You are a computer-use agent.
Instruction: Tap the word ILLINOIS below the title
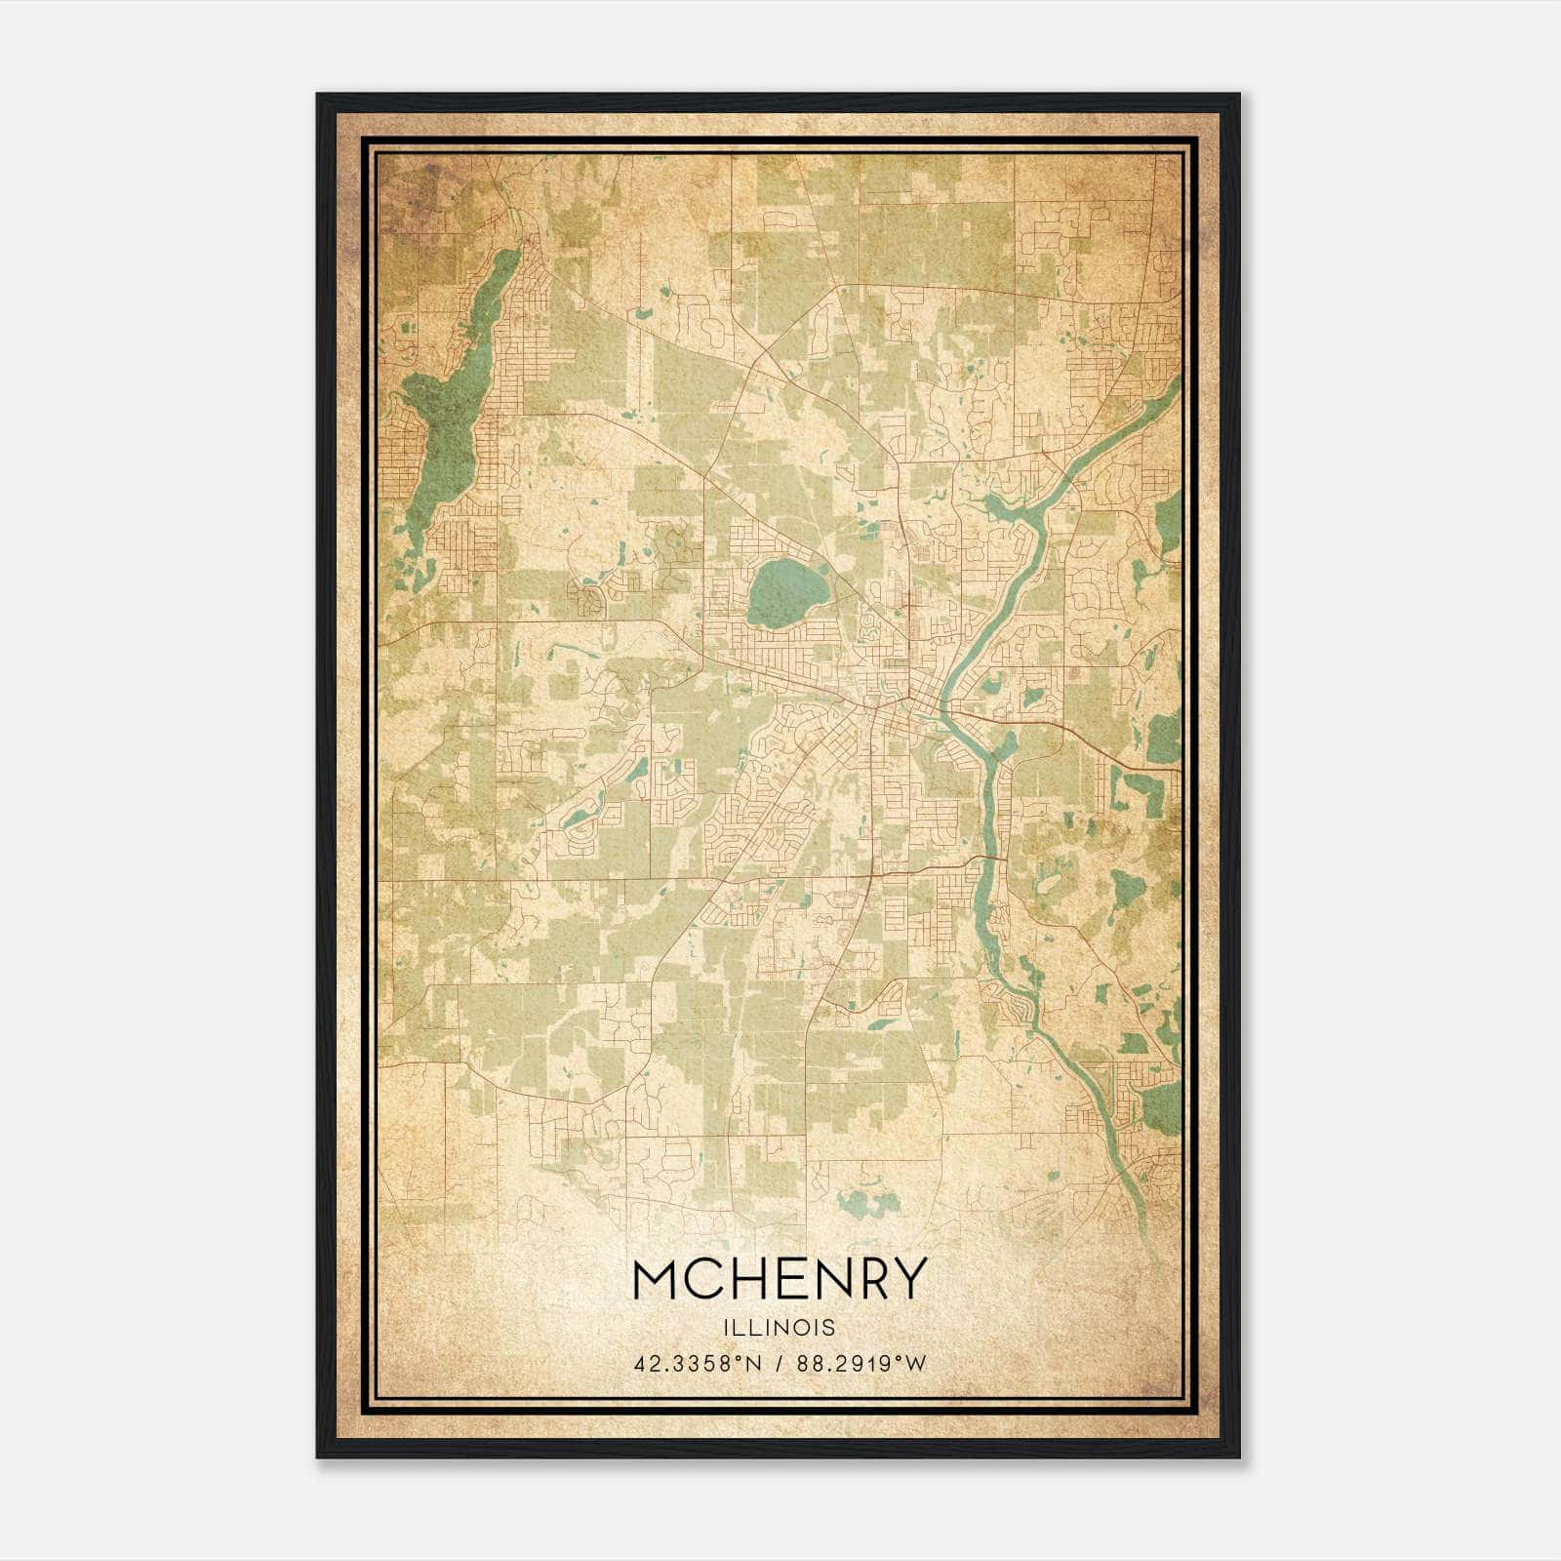(779, 1328)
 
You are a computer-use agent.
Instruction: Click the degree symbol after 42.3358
(731, 1358)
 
